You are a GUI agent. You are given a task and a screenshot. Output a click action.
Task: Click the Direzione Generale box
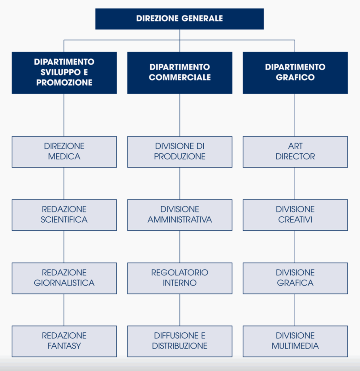tap(180, 19)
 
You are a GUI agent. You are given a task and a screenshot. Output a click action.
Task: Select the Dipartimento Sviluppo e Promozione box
tap(64, 73)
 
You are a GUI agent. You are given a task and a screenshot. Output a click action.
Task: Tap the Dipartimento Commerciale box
tap(180, 73)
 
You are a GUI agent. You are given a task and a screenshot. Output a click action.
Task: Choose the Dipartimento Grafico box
tap(295, 73)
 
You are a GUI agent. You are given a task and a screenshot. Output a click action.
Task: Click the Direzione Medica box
tap(64, 152)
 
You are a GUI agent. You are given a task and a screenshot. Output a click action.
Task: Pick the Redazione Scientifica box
tap(64, 215)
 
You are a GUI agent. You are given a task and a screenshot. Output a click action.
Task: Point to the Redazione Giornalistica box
tap(64, 278)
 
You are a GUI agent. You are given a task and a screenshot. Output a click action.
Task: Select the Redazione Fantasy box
tap(64, 341)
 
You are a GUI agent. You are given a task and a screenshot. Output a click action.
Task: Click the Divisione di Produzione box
tap(180, 152)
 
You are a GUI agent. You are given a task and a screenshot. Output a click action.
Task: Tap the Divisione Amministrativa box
tap(180, 215)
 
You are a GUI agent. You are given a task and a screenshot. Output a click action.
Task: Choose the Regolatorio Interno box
tap(180, 278)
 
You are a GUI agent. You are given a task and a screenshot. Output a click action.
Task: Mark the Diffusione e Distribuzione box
tap(180, 341)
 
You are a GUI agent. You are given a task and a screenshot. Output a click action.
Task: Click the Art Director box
tap(295, 152)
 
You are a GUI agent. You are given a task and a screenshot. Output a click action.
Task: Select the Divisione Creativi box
tap(295, 215)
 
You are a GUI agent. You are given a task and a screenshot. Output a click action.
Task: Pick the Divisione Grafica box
tap(295, 278)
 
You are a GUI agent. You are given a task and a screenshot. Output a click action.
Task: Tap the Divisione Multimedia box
tap(295, 341)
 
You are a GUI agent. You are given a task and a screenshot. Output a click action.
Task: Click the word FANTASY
tap(64, 346)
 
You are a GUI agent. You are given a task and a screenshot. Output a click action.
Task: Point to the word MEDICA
tap(64, 157)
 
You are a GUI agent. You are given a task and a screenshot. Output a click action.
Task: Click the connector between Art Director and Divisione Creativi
tap(295, 184)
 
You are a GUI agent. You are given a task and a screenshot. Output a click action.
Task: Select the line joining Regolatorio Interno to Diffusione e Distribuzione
tap(180, 310)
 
